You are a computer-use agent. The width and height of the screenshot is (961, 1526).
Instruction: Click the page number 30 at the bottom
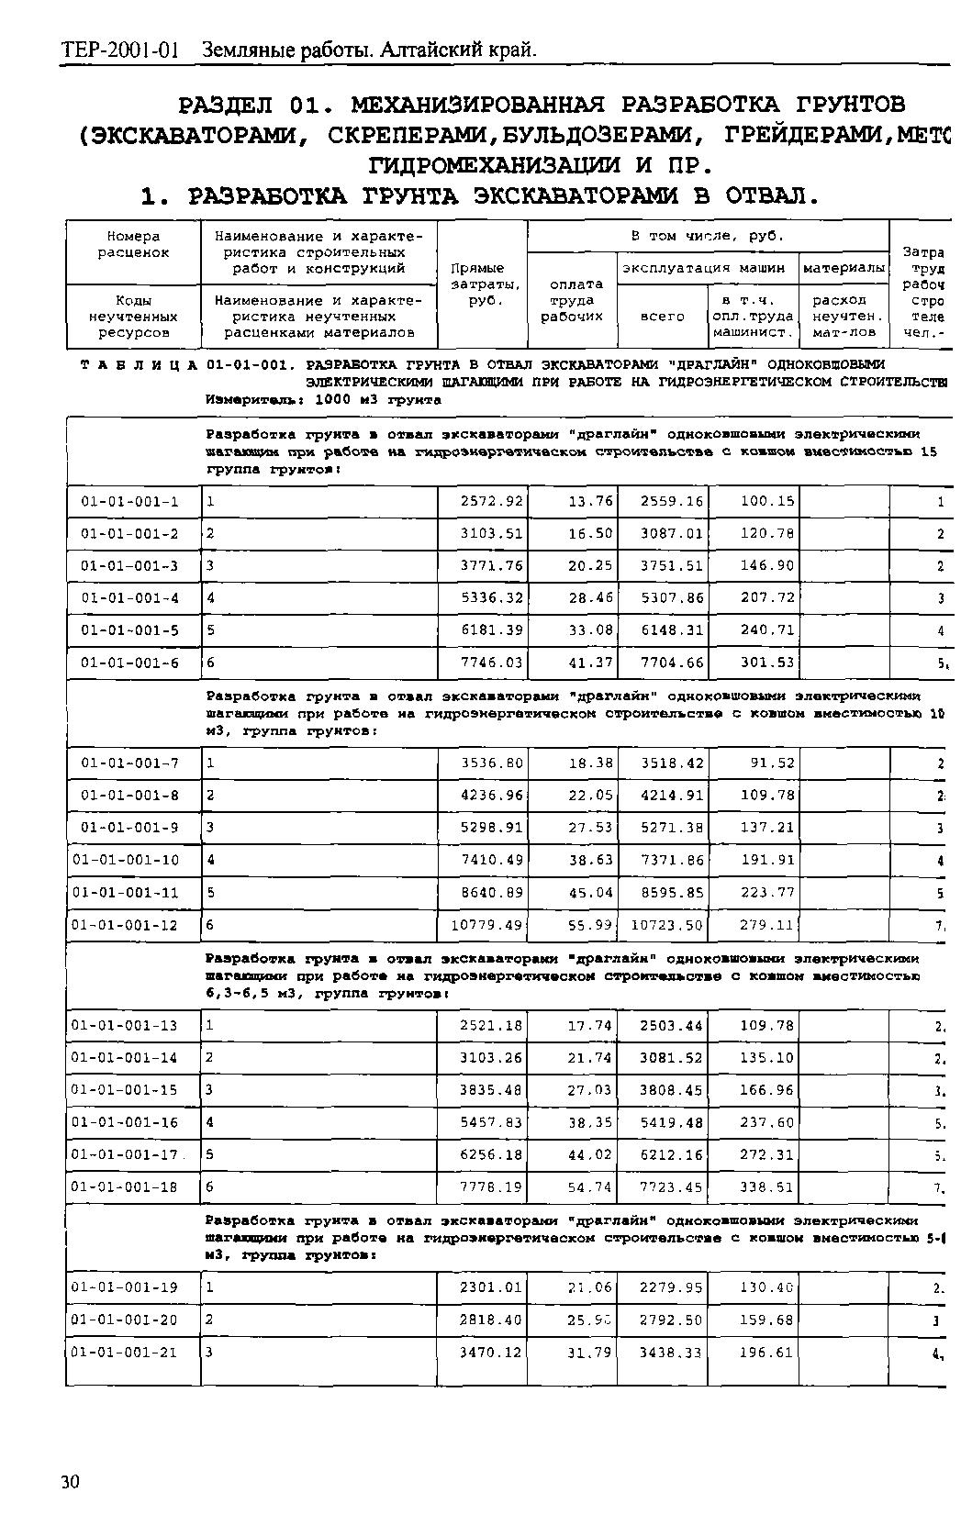click(x=71, y=1482)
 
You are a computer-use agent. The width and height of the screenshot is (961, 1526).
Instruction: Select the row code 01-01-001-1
click(x=129, y=502)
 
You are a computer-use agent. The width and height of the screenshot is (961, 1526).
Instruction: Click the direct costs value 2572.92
click(x=492, y=502)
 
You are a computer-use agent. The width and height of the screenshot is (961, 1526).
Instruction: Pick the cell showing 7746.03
click(x=492, y=663)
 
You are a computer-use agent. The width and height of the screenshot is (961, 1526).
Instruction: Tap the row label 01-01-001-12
click(x=126, y=925)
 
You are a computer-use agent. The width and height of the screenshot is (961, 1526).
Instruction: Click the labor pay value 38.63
click(x=590, y=861)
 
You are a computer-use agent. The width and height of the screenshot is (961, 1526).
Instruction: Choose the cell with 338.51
click(x=767, y=1187)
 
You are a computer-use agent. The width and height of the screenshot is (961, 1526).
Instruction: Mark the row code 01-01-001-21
click(x=126, y=1353)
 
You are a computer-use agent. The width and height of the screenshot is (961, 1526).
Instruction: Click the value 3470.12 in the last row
click(x=492, y=1353)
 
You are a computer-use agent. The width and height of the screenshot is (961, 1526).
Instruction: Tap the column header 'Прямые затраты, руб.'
click(x=478, y=284)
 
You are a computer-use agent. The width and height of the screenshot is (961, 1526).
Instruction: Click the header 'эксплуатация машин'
click(x=704, y=268)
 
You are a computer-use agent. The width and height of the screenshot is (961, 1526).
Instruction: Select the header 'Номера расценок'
click(x=133, y=244)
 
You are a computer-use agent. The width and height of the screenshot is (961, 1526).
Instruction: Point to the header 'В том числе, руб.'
click(x=708, y=236)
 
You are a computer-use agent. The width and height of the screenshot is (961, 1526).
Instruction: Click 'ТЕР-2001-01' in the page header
click(x=120, y=50)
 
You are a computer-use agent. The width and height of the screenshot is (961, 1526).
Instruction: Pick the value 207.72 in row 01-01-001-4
click(x=767, y=598)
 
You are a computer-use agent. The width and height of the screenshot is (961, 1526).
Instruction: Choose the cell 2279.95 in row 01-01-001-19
click(x=672, y=1287)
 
